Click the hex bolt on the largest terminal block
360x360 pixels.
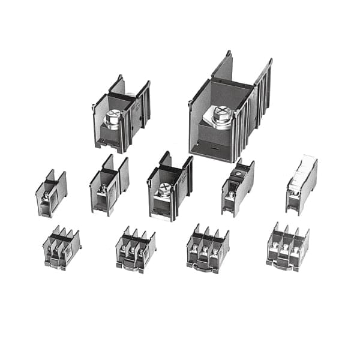[222, 116]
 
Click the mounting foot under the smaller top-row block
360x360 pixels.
[109, 144]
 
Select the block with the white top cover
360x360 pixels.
[301, 185]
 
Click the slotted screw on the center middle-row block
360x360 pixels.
[163, 193]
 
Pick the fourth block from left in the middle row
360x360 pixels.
[238, 187]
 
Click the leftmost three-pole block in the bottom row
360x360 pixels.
[61, 247]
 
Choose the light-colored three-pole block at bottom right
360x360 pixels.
[287, 247]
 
